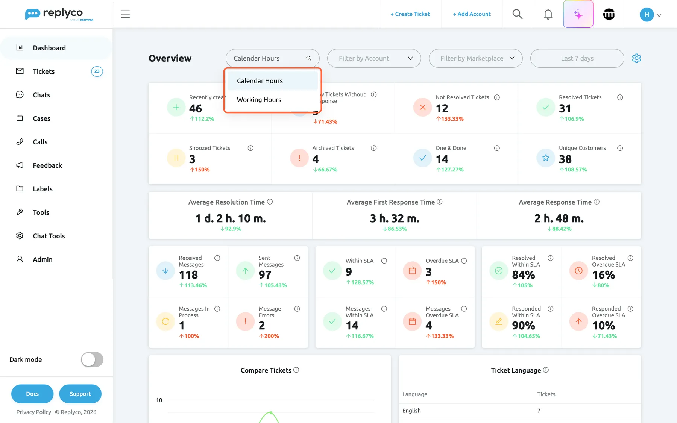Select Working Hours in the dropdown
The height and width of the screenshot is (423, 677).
259,100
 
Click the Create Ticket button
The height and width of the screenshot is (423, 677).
410,14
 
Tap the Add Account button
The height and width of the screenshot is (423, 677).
472,14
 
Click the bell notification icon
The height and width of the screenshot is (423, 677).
548,14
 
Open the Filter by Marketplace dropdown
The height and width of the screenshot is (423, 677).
475,58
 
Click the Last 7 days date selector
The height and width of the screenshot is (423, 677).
577,58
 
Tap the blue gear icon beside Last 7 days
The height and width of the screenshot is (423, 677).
636,58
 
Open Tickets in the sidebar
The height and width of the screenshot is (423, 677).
44,71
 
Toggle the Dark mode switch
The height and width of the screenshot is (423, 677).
92,359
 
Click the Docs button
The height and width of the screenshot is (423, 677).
32,394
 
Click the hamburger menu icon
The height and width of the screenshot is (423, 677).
125,14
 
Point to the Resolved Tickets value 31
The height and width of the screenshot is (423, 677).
565,108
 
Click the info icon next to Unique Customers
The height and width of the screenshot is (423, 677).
620,148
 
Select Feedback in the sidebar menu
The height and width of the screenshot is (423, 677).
47,165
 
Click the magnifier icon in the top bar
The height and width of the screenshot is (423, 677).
518,14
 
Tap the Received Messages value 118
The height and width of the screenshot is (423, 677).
188,275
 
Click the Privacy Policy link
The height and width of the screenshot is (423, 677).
33,412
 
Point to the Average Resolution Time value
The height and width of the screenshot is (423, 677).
231,218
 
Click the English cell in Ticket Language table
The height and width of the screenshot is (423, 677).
411,411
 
